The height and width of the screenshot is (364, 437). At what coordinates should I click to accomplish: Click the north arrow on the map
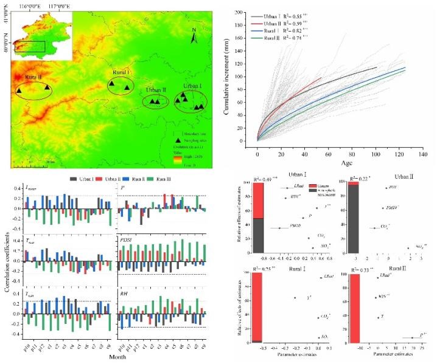pyautogui.click(x=194, y=38)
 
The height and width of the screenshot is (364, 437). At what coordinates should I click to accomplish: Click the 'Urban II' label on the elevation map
pyautogui.click(x=155, y=90)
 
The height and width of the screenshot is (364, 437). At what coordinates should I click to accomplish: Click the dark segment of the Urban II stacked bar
pyautogui.click(x=351, y=218)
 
